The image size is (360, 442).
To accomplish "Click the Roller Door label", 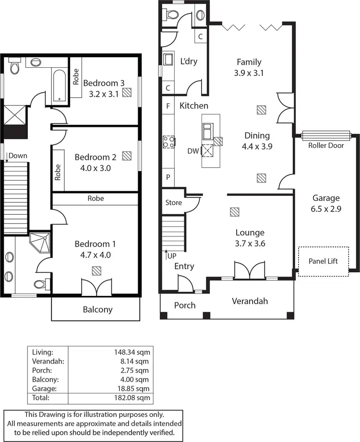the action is (326, 145).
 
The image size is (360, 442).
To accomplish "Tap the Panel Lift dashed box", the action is (323, 261).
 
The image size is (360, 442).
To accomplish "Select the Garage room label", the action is (326, 197).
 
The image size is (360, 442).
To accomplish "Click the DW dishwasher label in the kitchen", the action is (193, 151).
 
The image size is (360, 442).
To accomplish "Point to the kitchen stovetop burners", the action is (168, 142).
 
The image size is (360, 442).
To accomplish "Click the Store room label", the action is (173, 203).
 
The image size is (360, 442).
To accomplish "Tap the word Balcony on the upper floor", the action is (97, 309).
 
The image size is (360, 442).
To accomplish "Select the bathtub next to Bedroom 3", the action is (59, 85).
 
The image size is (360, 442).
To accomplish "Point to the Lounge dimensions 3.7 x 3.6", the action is (250, 244).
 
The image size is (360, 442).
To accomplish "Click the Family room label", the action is (249, 62).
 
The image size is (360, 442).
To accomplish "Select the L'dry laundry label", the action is (189, 61).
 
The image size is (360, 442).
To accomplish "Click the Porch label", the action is (185, 305).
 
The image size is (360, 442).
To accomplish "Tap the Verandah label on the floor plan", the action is (250, 301).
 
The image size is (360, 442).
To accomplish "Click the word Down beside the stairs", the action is (18, 156).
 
